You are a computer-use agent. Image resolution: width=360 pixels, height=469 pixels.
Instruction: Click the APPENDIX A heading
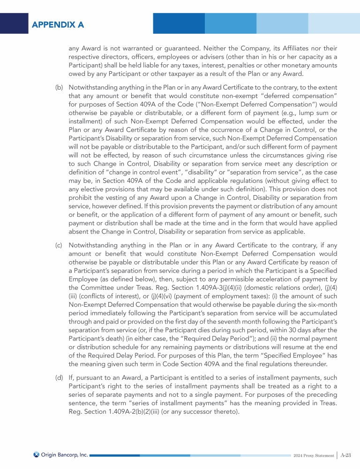click(x=58, y=24)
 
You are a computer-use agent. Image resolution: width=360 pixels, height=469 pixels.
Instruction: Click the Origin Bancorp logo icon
click(x=36, y=454)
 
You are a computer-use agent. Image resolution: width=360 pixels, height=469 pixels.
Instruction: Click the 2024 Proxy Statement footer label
click(x=313, y=455)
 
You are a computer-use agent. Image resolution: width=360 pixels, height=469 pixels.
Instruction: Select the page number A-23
click(x=346, y=455)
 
